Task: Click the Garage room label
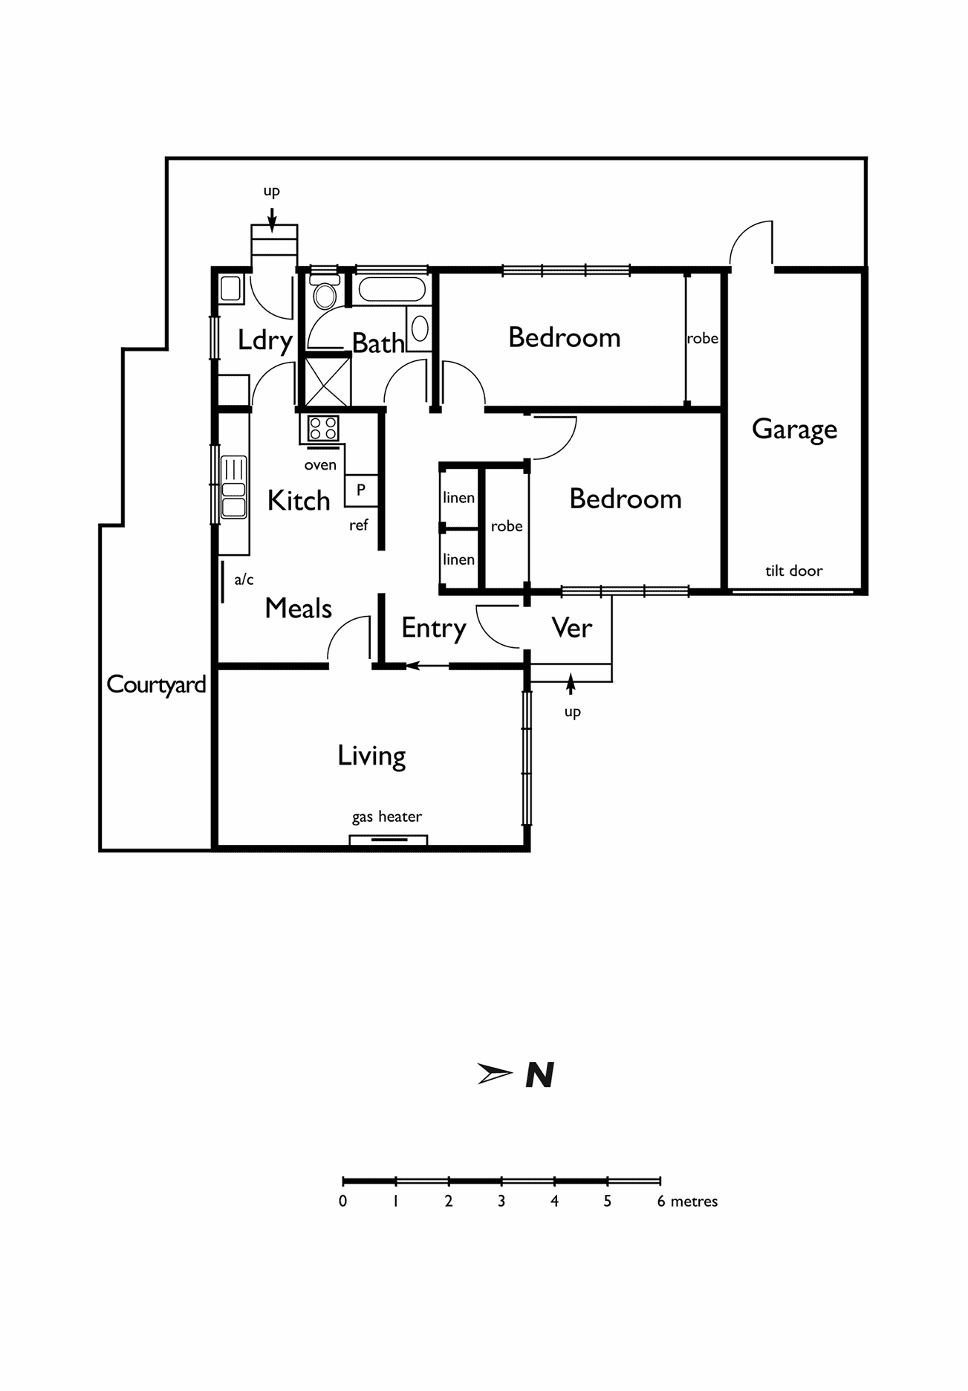[x=794, y=429]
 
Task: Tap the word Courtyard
[x=156, y=684]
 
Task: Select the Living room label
[x=371, y=756]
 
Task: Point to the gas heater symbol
[x=389, y=840]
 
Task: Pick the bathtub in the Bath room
[x=392, y=289]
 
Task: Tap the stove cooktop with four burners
[x=323, y=429]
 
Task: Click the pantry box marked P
[x=361, y=490]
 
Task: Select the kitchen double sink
[x=233, y=487]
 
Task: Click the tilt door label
[x=793, y=571]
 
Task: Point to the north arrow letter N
[x=540, y=1075]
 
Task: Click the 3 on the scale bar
[x=501, y=1202]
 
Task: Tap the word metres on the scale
[x=694, y=1202]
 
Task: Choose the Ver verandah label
[x=571, y=629]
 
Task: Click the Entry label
[x=433, y=629]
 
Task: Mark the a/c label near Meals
[x=244, y=580]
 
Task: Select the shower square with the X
[x=328, y=380]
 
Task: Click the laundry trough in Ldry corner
[x=231, y=288]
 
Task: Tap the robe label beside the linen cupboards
[x=507, y=527]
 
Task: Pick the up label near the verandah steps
[x=572, y=712]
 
